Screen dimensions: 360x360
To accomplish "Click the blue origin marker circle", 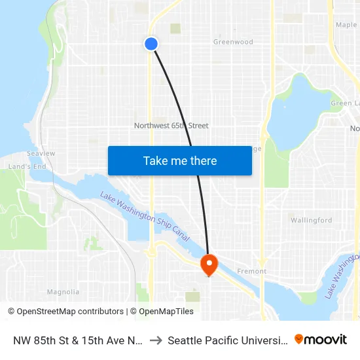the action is click(151, 44).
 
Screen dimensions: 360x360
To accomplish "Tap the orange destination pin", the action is click(209, 264).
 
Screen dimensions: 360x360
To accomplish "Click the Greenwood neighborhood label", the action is click(233, 42).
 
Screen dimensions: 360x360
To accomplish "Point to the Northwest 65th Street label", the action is click(171, 126).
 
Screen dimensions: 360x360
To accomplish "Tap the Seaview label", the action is click(41, 153).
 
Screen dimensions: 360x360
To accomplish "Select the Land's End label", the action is click(27, 167).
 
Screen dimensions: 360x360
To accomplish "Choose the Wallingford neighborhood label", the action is click(311, 221).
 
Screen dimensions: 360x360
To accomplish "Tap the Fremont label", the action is click(252, 271).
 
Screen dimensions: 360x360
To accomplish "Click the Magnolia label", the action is click(63, 292).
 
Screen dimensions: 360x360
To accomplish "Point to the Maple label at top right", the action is click(346, 25).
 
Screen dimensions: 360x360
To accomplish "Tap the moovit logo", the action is click(320, 340).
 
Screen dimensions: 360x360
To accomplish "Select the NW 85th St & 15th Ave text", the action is click(77, 340).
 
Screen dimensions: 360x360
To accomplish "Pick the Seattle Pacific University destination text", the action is click(226, 340).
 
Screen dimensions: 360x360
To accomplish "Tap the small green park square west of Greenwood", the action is click(175, 29).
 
